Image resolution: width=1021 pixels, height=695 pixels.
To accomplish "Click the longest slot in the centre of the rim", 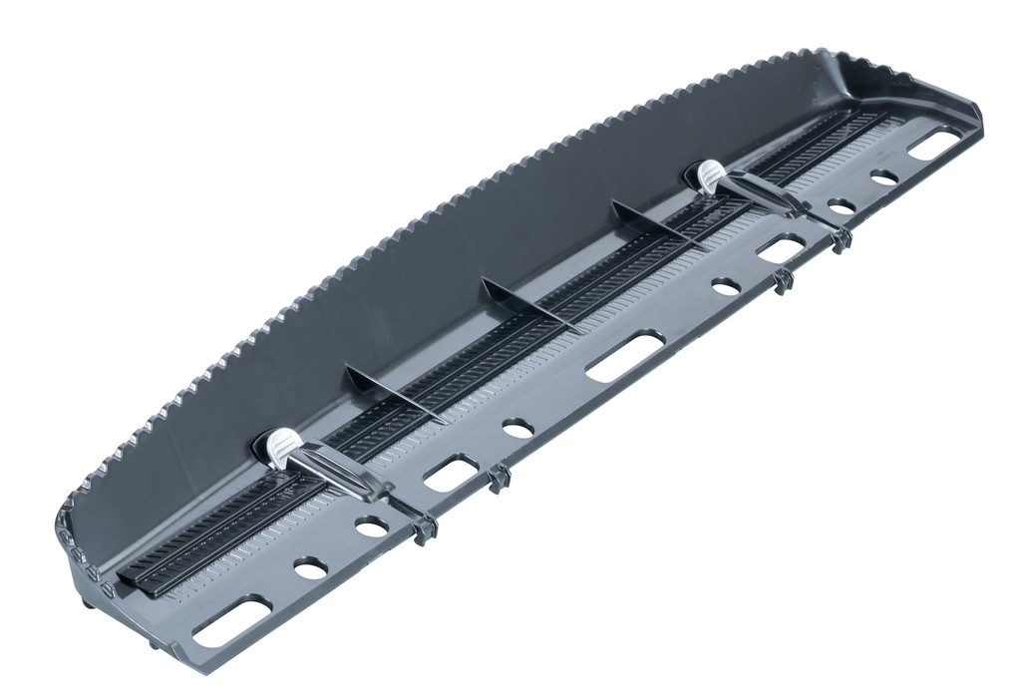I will coord(624,356).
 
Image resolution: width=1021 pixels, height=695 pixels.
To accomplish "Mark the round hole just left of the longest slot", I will coord(517,428).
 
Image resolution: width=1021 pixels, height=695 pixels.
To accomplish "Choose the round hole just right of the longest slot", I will coord(726,286).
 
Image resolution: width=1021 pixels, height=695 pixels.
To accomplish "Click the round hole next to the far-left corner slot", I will coord(310,568).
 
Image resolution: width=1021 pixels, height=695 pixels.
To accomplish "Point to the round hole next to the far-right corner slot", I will coord(883,177).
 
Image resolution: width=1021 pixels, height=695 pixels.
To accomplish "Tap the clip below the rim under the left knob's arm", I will coord(425,527).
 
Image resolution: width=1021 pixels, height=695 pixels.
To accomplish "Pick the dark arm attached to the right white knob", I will coord(763,192).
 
